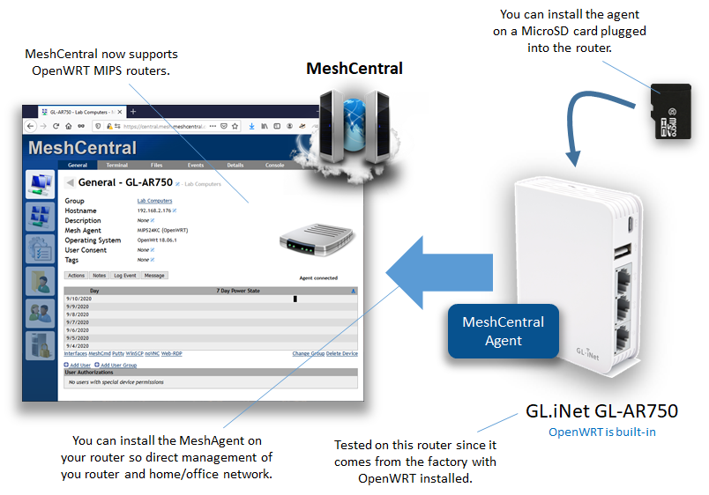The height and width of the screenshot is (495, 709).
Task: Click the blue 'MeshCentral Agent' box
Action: pyautogui.click(x=503, y=331)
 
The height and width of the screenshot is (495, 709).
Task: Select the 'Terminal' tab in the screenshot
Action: pyautogui.click(x=116, y=165)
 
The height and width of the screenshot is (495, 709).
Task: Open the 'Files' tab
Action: pyautogui.click(x=156, y=165)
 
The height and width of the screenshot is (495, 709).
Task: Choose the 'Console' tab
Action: pyautogui.click(x=275, y=165)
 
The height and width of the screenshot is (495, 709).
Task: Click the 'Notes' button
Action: pyautogui.click(x=100, y=276)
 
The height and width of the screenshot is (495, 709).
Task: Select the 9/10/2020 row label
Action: pyautogui.click(x=78, y=299)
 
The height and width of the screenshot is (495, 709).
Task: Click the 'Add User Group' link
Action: pyautogui.click(x=118, y=365)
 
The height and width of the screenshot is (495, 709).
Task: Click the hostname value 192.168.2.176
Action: pyautogui.click(x=154, y=211)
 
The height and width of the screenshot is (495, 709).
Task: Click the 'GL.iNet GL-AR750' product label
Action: pyautogui.click(x=601, y=410)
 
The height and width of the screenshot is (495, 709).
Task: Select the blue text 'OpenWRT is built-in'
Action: pyautogui.click(x=602, y=432)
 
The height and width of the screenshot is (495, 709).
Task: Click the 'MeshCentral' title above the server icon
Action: pyautogui.click(x=354, y=68)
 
